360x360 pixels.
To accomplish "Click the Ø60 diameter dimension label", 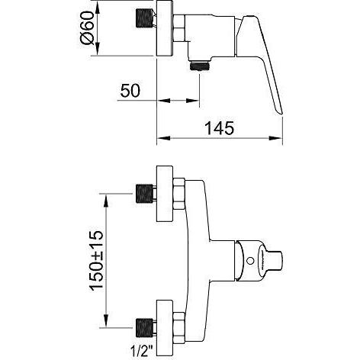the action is pyautogui.click(x=87, y=27).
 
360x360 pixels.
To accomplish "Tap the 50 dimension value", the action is pyautogui.click(x=130, y=91).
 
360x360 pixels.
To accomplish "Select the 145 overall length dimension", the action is pyautogui.click(x=219, y=128).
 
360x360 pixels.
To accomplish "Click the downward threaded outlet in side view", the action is pyautogui.click(x=201, y=66).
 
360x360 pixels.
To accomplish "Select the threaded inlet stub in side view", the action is pyautogui.click(x=145, y=18).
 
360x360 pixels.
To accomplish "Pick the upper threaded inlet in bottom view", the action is pyautogui.click(x=144, y=194).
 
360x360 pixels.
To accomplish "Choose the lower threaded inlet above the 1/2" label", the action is pyautogui.click(x=144, y=328).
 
